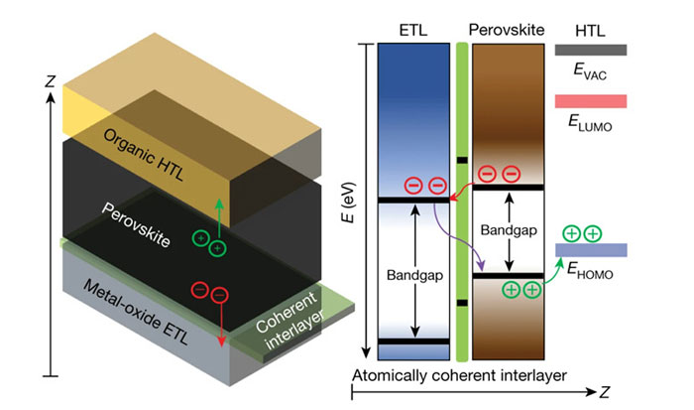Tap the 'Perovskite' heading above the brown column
[x=510, y=30]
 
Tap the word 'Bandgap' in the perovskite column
[x=510, y=229]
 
